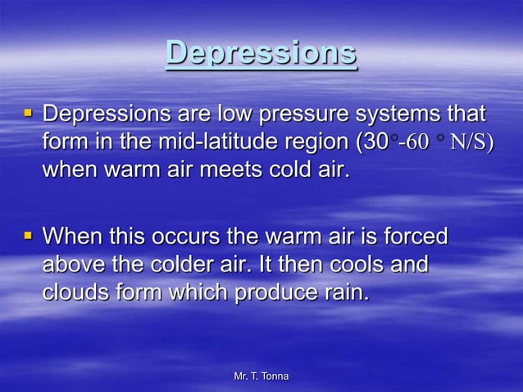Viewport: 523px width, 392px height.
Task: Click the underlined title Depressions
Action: (261, 53)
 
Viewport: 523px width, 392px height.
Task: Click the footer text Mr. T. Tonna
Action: (261, 376)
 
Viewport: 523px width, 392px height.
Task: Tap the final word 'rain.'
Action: (347, 294)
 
